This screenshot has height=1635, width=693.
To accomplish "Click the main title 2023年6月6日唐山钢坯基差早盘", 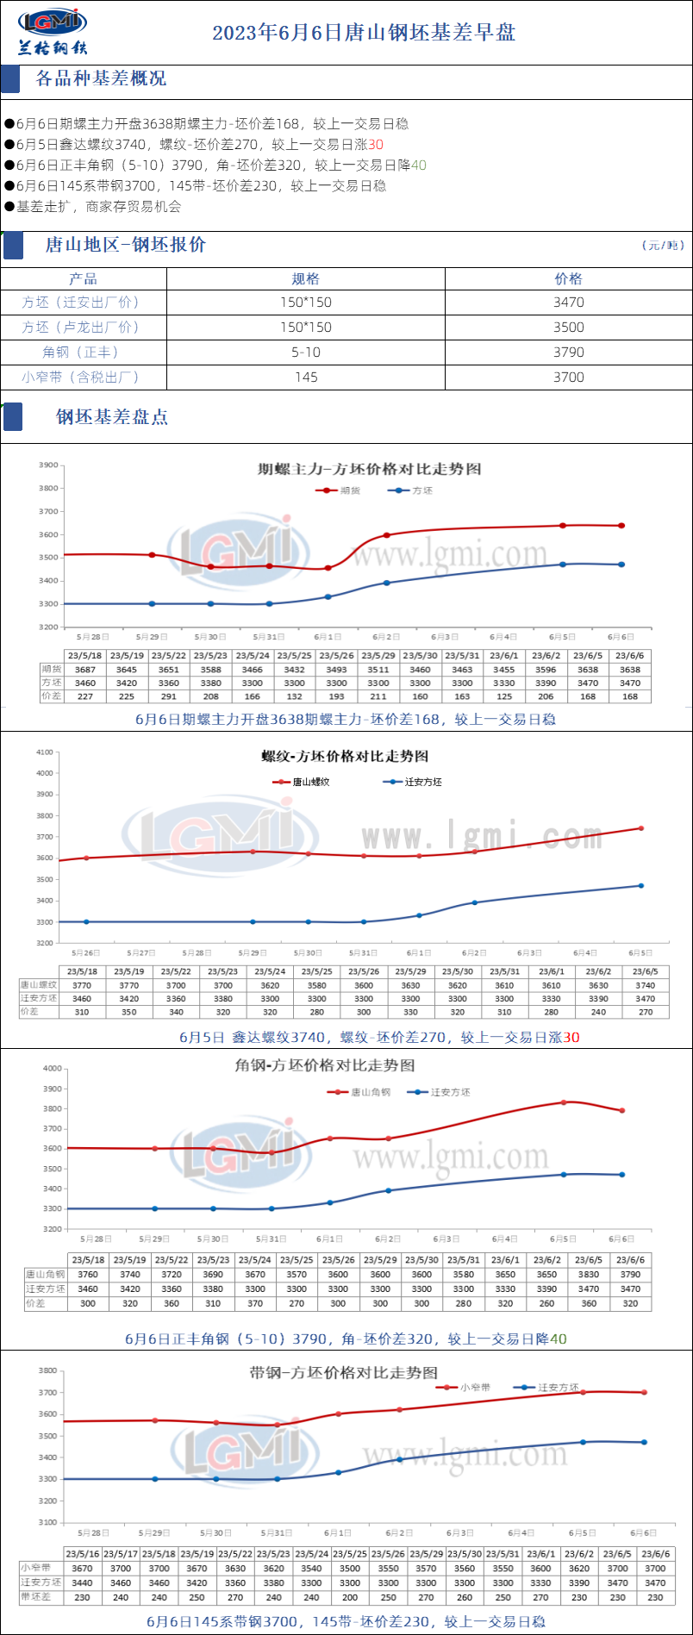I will [364, 33].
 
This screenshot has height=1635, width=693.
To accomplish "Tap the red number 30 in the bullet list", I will [376, 145].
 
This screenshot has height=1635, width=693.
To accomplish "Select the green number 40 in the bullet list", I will [419, 165].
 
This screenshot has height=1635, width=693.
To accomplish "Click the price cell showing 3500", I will [568, 328].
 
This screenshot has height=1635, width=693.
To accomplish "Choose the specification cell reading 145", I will [305, 378].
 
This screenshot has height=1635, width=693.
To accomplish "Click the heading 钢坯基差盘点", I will [112, 417].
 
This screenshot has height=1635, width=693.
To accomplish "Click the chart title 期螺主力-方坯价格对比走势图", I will [369, 470].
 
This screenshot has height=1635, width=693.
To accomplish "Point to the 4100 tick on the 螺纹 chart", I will [45, 752].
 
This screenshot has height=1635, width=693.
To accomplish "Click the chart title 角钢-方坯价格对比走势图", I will [325, 1066].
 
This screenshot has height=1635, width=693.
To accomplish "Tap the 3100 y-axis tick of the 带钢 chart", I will [47, 1523].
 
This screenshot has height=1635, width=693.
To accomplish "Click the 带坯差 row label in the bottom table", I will [35, 1597].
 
